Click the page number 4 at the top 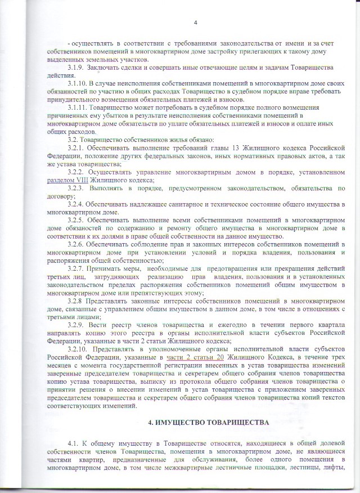click(x=195, y=23)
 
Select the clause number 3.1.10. click(x=78, y=83)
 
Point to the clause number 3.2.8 click(x=76, y=301)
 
